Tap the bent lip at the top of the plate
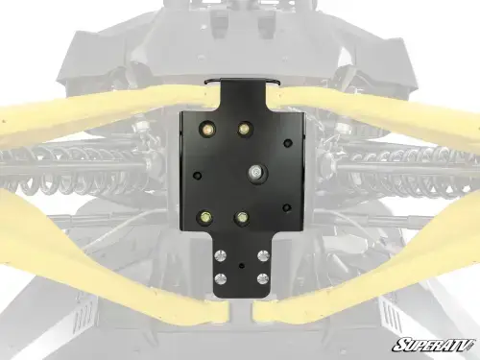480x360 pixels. [246, 83]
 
